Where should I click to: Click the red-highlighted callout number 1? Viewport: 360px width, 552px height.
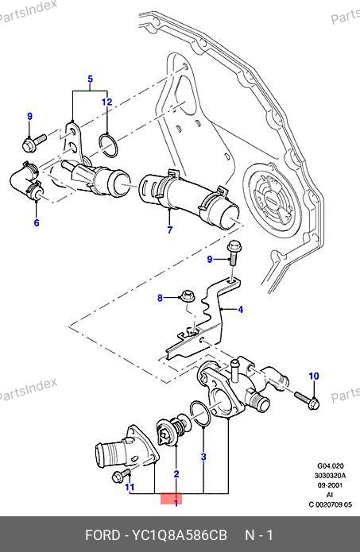[176, 503]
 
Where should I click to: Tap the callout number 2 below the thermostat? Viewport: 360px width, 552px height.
[176, 474]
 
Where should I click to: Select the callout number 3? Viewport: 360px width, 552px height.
[203, 457]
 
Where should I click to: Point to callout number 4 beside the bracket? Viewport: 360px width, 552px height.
[240, 310]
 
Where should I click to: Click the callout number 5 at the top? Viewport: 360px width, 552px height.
[90, 79]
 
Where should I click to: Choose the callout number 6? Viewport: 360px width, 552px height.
[37, 222]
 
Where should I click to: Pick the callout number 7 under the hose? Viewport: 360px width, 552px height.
[170, 230]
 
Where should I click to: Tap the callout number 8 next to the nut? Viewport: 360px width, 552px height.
[160, 298]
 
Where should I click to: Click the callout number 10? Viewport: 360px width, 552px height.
[314, 376]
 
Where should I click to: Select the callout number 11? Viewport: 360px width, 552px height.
[130, 487]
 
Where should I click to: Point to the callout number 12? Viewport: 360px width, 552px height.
[106, 102]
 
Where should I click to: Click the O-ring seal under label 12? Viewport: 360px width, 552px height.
[108, 145]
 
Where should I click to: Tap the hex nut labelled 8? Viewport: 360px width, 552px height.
[187, 295]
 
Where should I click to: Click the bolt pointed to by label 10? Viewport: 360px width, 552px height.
[308, 400]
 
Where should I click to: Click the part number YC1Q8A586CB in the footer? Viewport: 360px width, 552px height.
[179, 535]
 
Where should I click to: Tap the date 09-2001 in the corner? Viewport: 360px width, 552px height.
[330, 485]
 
